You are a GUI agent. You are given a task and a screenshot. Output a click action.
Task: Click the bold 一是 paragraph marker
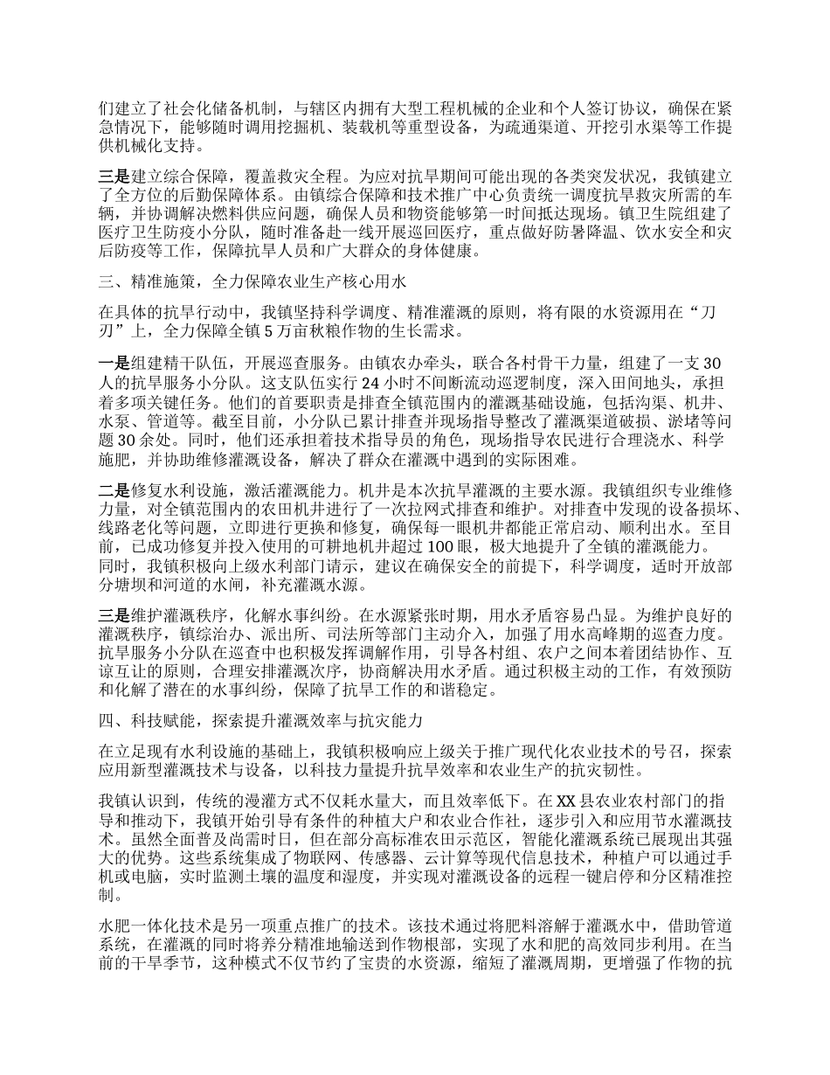(114, 363)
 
